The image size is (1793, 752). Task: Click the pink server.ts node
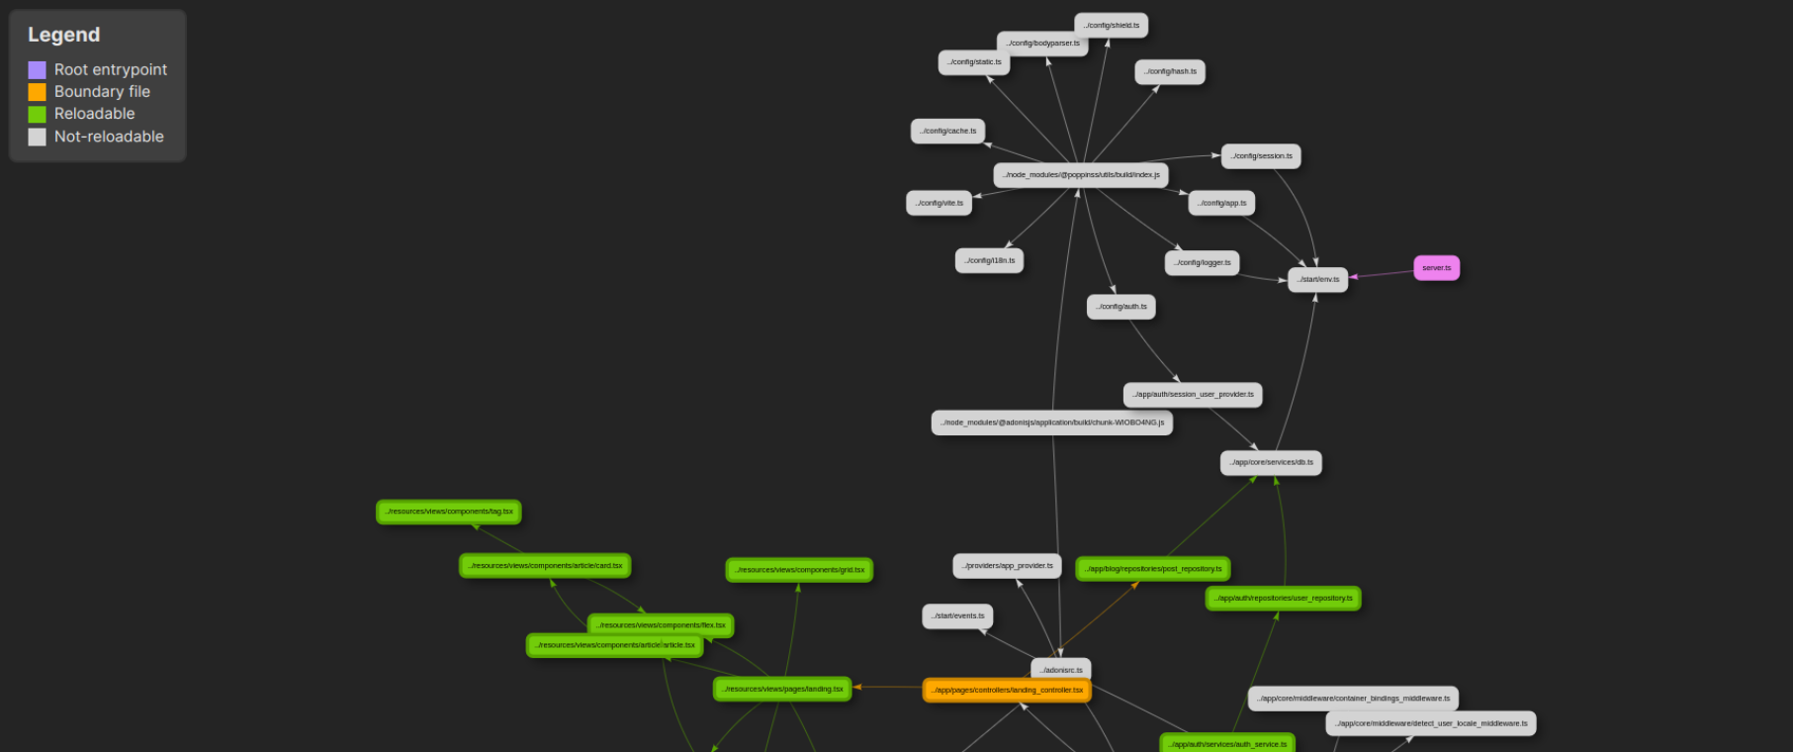point(1436,268)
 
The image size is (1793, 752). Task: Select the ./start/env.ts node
point(1317,280)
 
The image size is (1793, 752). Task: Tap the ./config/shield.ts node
point(1111,26)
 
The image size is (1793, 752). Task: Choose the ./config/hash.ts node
point(1169,72)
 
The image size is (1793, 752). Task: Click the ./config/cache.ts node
point(947,132)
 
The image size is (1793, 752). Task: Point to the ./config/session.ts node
point(1261,156)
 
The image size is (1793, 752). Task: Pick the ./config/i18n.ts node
point(989,261)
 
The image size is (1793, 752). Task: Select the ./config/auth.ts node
point(1121,307)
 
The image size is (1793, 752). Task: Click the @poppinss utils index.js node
point(1080,175)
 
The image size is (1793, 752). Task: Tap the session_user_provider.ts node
point(1192,395)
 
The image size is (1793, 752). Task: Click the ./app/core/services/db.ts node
point(1270,463)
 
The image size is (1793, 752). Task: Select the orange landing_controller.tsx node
point(1007,691)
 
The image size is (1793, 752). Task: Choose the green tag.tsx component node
point(448,513)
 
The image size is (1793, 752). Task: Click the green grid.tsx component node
point(799,571)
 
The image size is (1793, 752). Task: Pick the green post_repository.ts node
point(1152,569)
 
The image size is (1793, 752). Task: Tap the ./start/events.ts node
point(956,616)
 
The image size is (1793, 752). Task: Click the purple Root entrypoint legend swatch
point(37,70)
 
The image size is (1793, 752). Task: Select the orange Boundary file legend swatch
point(37,92)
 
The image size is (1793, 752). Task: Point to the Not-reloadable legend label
point(109,137)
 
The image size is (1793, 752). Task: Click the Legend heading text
point(63,36)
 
